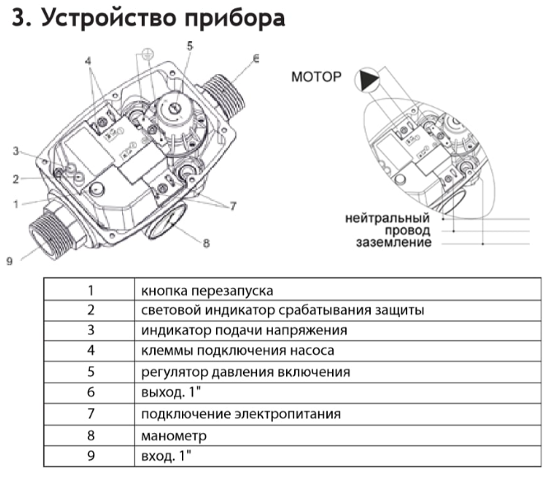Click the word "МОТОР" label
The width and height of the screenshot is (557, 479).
click(316, 77)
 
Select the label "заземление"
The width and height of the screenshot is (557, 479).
click(394, 243)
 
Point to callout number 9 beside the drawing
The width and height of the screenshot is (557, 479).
click(9, 261)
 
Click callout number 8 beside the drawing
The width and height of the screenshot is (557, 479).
click(206, 243)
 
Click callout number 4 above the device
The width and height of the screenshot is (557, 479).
click(87, 61)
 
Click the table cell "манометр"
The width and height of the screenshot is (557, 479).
click(174, 435)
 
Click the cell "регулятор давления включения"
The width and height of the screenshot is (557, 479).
click(246, 373)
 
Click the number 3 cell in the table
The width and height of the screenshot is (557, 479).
click(91, 331)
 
